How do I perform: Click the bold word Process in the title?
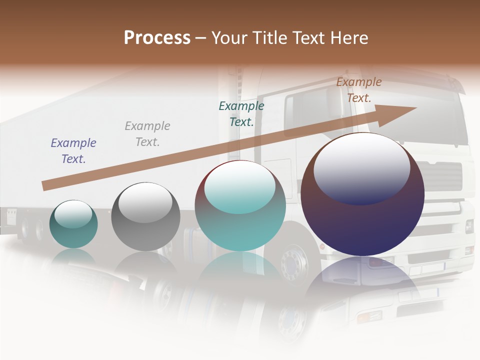point(157,38)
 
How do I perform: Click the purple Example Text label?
point(73,150)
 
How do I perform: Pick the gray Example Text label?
point(147,134)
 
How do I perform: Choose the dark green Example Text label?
point(241,113)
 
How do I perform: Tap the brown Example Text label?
point(359,90)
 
